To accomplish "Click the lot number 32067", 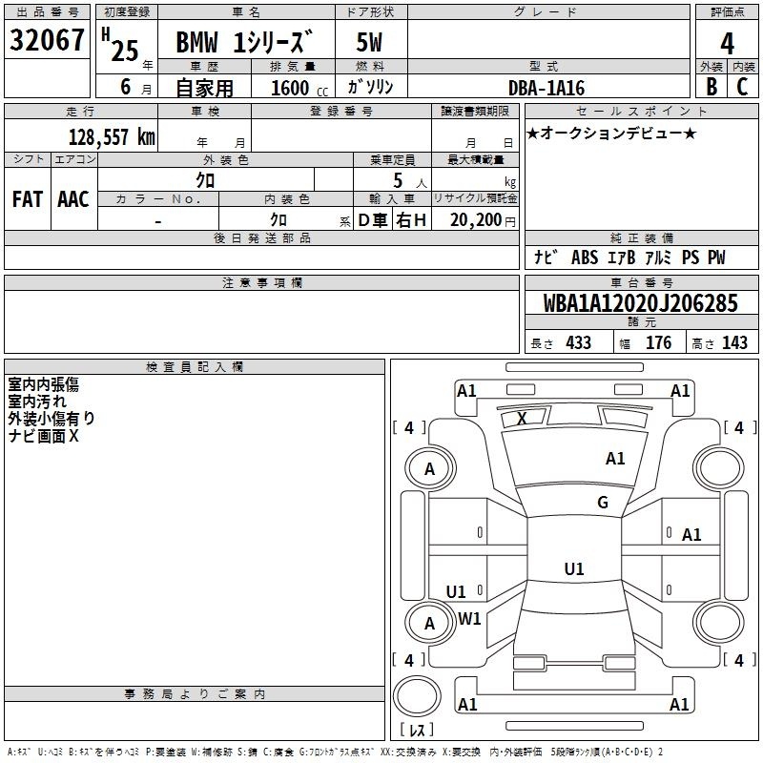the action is pos(47,40).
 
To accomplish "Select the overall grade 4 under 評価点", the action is pos(727,43).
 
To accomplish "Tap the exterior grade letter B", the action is pos(711,87).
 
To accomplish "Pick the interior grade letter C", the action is pos(742,87).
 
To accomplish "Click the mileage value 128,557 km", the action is pos(112,137).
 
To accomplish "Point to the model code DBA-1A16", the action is pos(546,88).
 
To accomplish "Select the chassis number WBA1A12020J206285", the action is pos(640,303).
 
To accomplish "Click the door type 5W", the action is pos(369,42).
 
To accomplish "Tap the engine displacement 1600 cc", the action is pos(299,88).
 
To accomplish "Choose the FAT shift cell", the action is pos(28,199).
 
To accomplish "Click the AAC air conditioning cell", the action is pos(73,199).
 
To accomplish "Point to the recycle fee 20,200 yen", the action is pos(483,220).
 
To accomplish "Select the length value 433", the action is pos(579,342).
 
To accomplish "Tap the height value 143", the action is pos(734,342).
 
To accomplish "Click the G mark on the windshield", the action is pos(603,503).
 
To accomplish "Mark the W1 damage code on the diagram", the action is pos(469,619).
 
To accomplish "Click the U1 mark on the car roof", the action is pos(574,568).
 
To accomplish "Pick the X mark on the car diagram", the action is pos(522,418).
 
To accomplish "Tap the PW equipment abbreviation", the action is pos(716,258).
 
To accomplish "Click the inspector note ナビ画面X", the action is pos(43,436).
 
